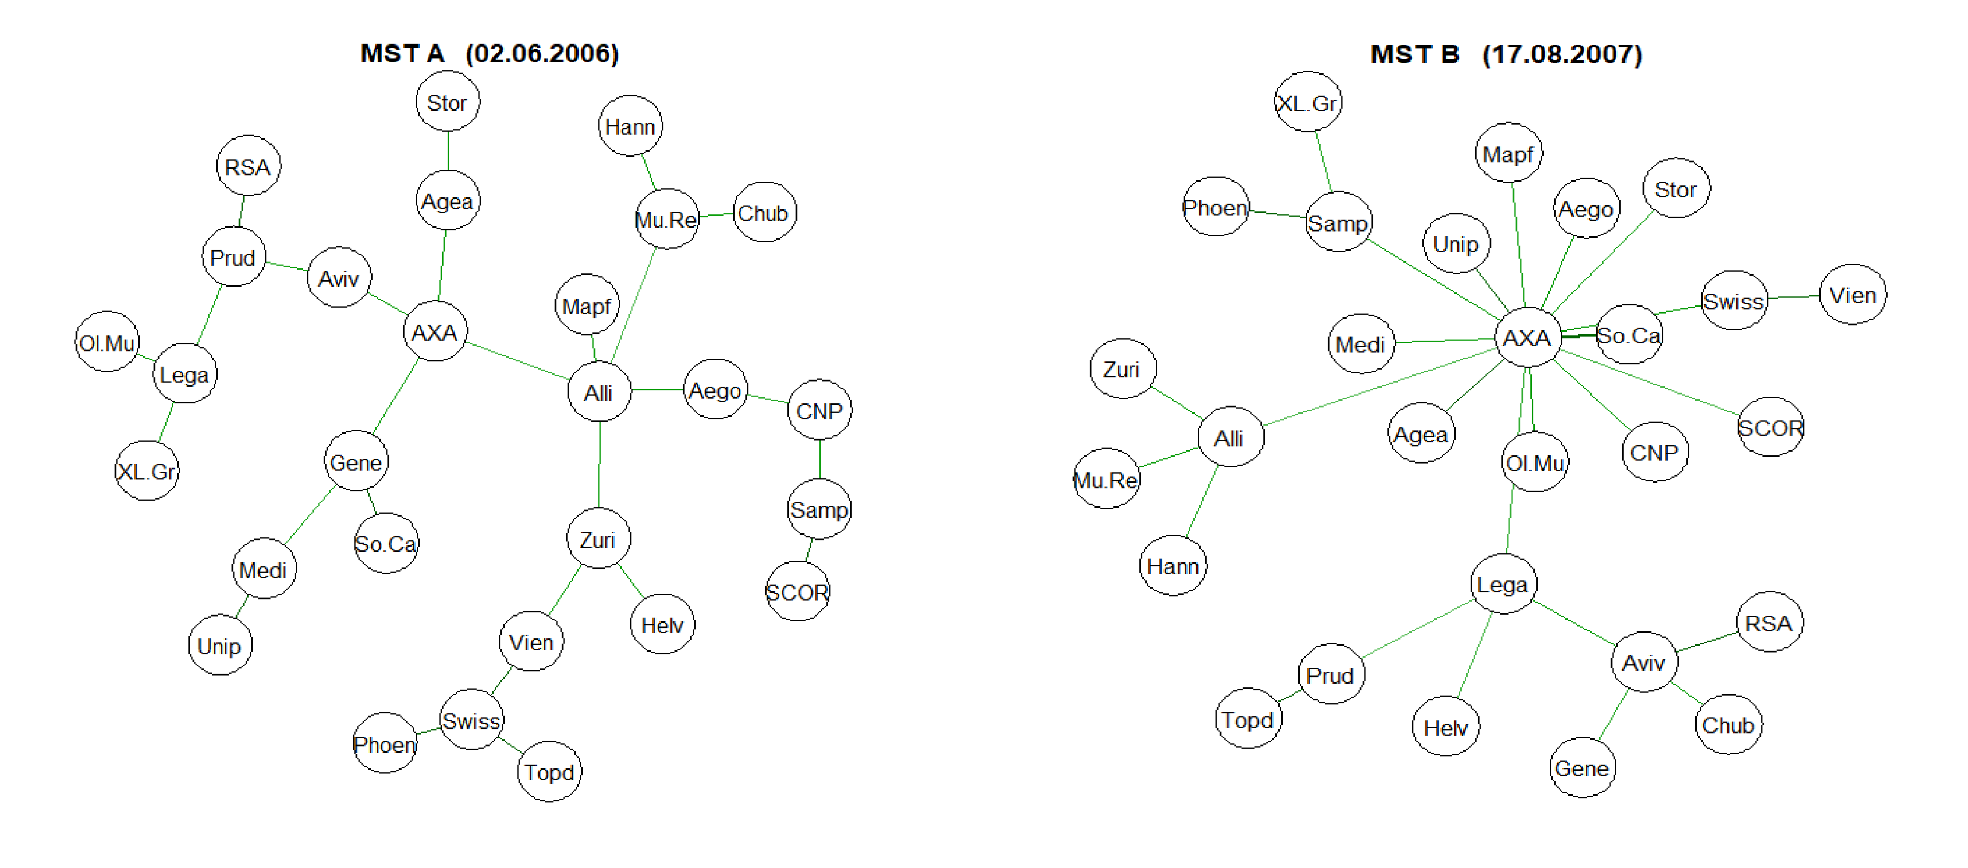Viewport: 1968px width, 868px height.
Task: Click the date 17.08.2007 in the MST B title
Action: pos(1562,55)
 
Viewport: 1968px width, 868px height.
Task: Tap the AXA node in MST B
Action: pos(1526,338)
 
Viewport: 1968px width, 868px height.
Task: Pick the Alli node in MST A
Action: pos(599,392)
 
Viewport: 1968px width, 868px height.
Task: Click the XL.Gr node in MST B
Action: pos(1308,102)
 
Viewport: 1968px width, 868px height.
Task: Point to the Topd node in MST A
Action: pos(549,772)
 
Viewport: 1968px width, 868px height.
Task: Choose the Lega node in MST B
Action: pos(1503,585)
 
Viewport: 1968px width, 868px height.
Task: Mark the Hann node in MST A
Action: pos(630,126)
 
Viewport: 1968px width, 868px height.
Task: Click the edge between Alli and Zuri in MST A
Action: pos(599,465)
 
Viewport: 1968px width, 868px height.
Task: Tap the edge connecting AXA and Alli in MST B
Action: pos(1379,387)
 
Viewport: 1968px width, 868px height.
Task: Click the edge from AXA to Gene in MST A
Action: pos(396,396)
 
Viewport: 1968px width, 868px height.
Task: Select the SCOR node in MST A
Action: pos(797,592)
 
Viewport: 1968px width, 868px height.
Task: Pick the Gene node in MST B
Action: pos(1582,768)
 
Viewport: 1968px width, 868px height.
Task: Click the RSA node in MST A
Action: pos(248,167)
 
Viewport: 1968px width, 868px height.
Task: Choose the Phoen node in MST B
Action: pos(1215,208)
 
